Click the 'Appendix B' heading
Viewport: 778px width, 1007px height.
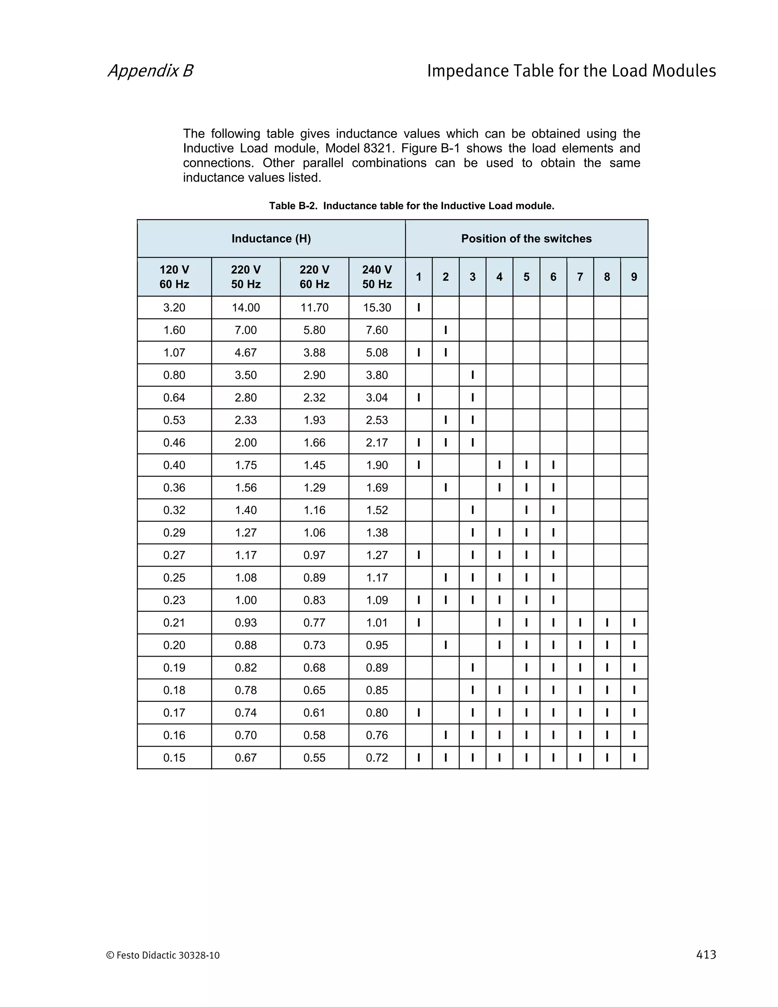pyautogui.click(x=150, y=71)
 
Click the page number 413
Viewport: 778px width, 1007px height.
pyautogui.click(x=706, y=955)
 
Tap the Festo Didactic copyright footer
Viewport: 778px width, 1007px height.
pyautogui.click(x=163, y=955)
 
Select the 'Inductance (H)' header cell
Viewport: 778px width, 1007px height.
pyautogui.click(x=271, y=238)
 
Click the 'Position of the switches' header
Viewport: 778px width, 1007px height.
pyautogui.click(x=527, y=238)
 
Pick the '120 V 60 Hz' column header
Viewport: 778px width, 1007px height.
pyautogui.click(x=174, y=277)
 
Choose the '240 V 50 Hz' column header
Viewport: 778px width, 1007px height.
pyautogui.click(x=376, y=277)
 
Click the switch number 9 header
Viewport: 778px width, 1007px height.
pyautogui.click(x=634, y=277)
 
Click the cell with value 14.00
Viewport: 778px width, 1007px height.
pyautogui.click(x=246, y=307)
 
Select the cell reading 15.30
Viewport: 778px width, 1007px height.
pyautogui.click(x=376, y=307)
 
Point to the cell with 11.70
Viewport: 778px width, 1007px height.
pyautogui.click(x=314, y=307)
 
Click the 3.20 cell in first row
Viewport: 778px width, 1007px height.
pyautogui.click(x=174, y=307)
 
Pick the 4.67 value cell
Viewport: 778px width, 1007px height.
pyautogui.click(x=246, y=353)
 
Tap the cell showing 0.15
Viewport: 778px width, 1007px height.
pyautogui.click(x=174, y=758)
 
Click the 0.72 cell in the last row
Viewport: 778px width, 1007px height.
pyautogui.click(x=376, y=758)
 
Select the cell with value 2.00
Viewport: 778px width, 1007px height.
pyautogui.click(x=246, y=443)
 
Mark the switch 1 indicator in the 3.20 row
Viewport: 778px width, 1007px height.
pyautogui.click(x=419, y=307)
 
